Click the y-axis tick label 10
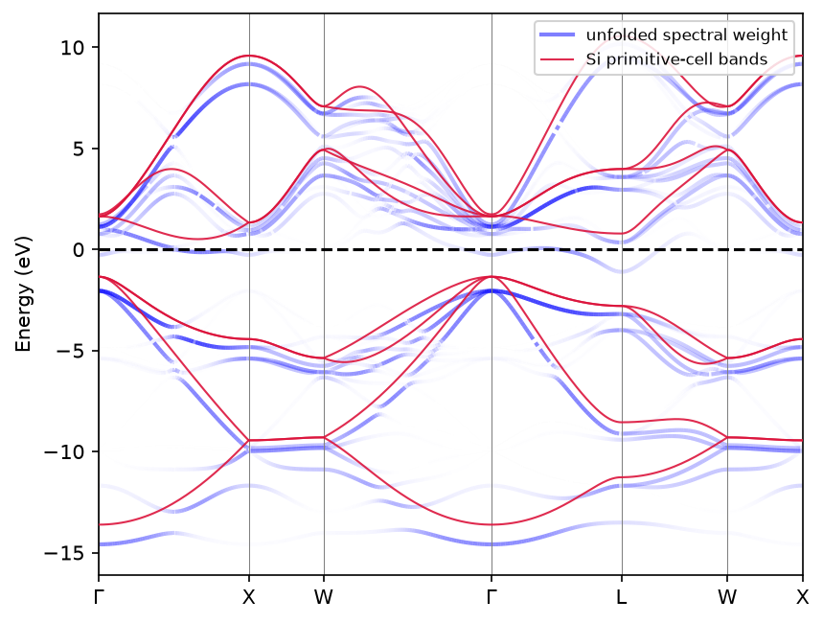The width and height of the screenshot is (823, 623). [72, 48]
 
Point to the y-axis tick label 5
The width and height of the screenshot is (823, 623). [79, 149]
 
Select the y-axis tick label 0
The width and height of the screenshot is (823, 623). [79, 250]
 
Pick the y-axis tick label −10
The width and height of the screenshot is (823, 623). [64, 451]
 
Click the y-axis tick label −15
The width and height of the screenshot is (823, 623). [64, 553]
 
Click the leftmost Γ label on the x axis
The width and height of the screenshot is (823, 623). [98, 597]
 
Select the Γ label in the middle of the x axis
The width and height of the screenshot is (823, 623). [492, 597]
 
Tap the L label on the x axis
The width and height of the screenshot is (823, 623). [622, 597]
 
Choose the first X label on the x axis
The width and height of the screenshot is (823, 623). [249, 597]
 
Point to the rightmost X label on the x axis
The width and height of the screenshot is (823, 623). [802, 597]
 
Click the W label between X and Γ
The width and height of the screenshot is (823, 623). [324, 597]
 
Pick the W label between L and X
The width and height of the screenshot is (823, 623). [727, 597]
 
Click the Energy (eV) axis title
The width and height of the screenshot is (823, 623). [24, 294]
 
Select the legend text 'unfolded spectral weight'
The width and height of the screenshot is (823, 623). [687, 35]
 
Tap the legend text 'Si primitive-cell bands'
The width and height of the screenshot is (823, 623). [676, 58]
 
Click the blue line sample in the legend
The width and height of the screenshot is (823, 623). [557, 35]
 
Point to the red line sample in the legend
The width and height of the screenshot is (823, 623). [557, 58]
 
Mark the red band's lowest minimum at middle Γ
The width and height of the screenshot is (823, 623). [492, 524]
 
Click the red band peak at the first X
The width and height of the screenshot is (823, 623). [249, 56]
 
